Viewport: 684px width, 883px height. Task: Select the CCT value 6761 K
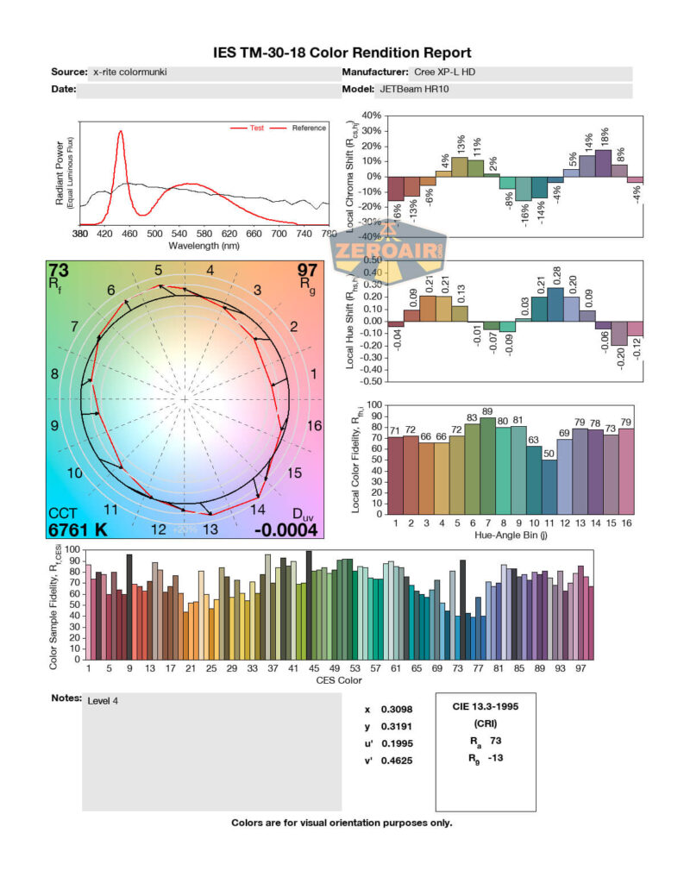(x=77, y=529)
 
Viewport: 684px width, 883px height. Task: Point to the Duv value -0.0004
(x=286, y=529)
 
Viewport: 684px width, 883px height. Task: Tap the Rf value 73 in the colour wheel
(x=59, y=271)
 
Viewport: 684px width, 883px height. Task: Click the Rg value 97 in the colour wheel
(x=307, y=271)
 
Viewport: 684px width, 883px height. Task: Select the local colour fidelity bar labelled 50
(x=549, y=487)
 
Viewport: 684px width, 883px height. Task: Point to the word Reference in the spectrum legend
(x=309, y=128)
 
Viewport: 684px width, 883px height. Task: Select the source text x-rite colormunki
(x=129, y=72)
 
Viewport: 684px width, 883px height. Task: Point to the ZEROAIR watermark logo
(x=389, y=252)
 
